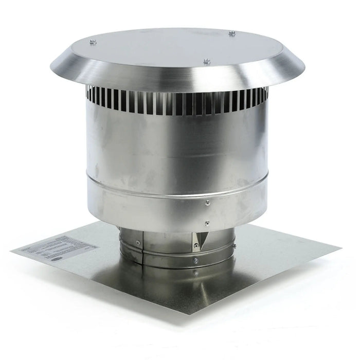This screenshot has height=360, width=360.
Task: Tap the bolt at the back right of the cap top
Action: pyautogui.click(x=232, y=34)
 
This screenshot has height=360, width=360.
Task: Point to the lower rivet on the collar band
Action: pyautogui.click(x=206, y=223)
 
